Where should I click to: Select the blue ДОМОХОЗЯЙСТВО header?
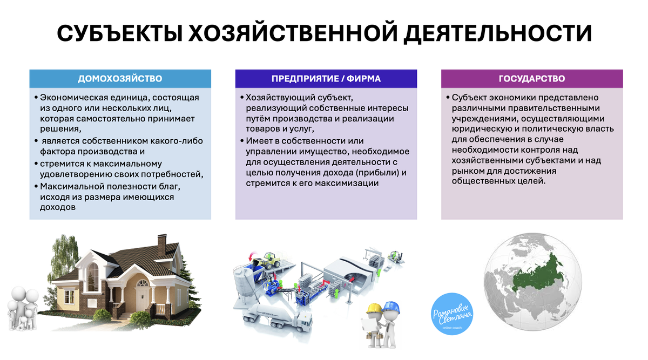coord(120,79)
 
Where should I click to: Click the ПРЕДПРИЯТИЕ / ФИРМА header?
coord(326,79)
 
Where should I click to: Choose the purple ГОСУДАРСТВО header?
coord(532,79)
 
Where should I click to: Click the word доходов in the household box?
coord(58,207)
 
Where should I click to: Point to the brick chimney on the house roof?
coord(161,243)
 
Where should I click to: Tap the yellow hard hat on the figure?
coord(373,308)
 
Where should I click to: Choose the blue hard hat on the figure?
coord(391,306)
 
